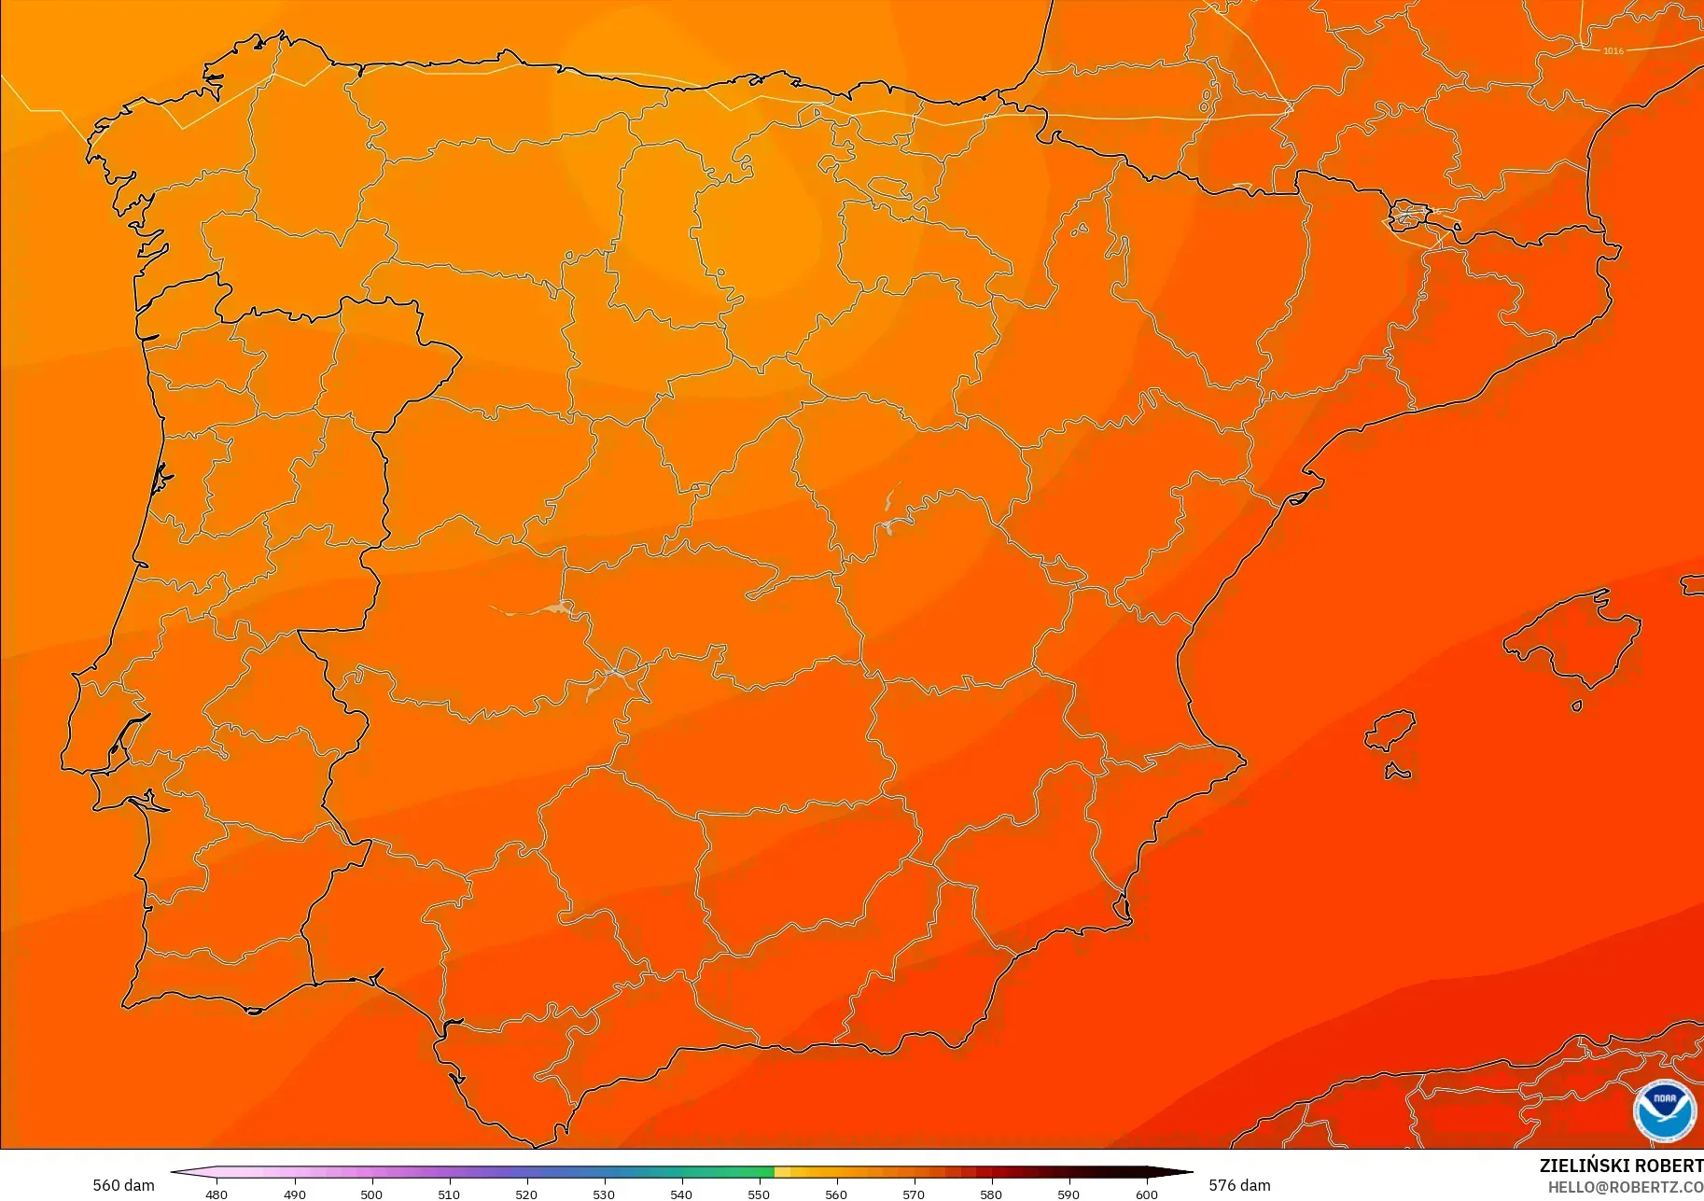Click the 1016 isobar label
pos(1613,50)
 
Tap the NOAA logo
pos(1664,1110)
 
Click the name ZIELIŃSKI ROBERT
pos(1621,1166)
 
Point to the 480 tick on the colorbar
pos(216,1194)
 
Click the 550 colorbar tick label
pos(759,1194)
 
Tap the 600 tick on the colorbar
pos(1146,1194)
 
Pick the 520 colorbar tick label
pos(526,1194)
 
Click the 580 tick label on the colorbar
pos(991,1194)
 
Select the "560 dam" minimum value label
pos(123,1185)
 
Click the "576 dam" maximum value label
pos(1239,1185)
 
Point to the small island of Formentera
pos(1397,772)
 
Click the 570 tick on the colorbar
pos(914,1194)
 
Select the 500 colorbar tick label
pos(371,1194)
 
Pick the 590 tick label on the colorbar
pos(1068,1194)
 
